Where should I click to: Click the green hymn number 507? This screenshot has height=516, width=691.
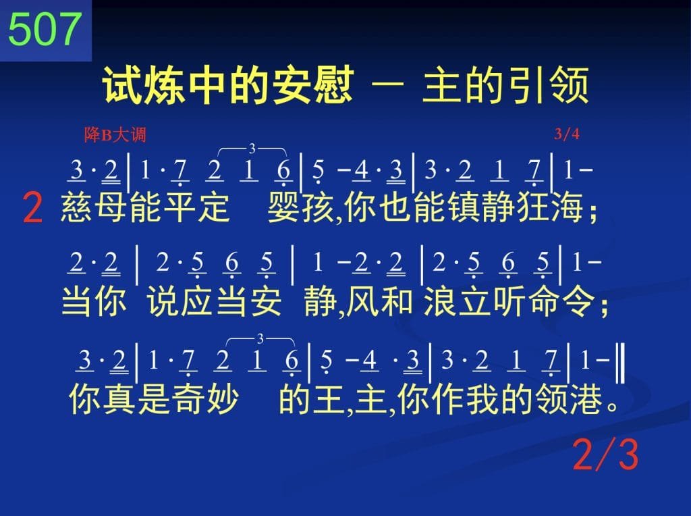[45, 29]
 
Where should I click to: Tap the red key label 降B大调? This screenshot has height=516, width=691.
[115, 134]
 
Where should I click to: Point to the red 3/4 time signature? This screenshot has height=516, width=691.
[567, 134]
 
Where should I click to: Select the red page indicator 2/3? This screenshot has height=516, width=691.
[605, 455]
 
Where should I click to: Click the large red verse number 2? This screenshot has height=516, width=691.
[32, 208]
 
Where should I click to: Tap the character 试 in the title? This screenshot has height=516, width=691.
[123, 84]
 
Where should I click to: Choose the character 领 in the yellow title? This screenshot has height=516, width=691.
[570, 84]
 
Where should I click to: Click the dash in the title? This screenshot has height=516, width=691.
[388, 84]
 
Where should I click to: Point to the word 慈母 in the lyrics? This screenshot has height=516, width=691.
[94, 207]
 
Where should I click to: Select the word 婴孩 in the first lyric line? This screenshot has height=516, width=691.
[302, 207]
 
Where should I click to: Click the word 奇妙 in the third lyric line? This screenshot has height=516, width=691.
[205, 398]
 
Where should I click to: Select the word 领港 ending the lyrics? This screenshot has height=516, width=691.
[569, 398]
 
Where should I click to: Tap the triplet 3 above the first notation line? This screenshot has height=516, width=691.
[252, 149]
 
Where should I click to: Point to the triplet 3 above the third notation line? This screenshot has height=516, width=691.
[260, 338]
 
